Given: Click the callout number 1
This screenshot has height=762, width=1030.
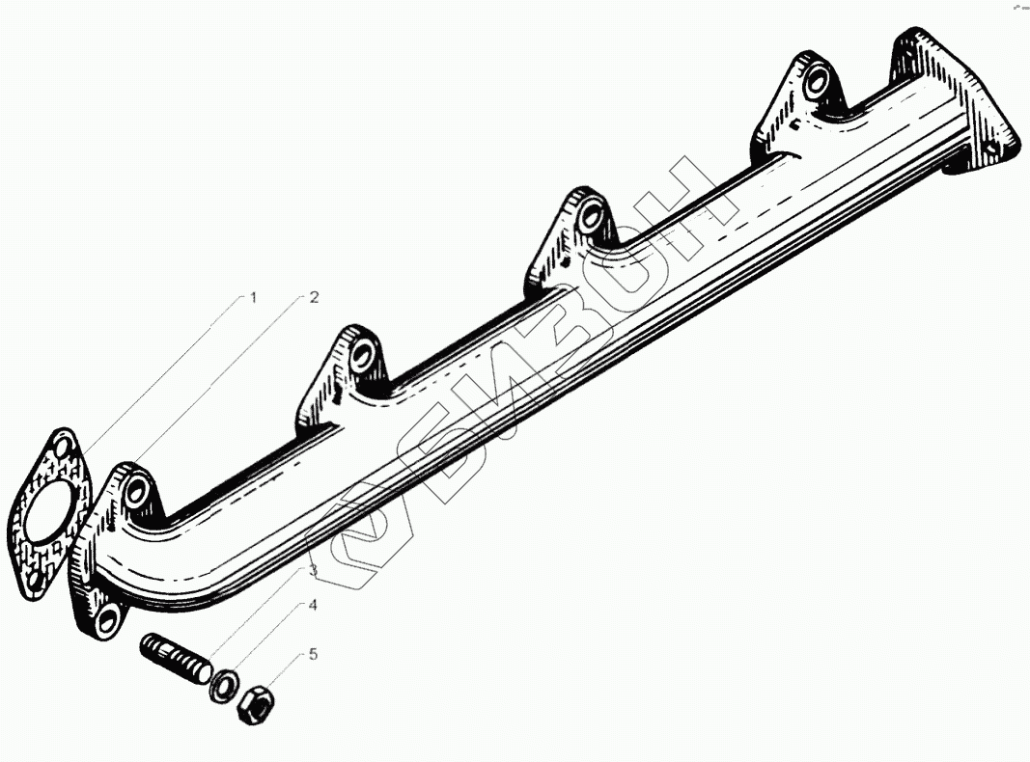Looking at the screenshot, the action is [252, 298].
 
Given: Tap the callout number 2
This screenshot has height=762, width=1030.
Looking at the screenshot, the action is [314, 297].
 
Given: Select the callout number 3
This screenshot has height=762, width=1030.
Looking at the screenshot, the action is [314, 570].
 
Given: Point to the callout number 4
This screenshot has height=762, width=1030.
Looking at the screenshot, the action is [313, 605].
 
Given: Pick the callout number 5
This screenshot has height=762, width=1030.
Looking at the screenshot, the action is [314, 654].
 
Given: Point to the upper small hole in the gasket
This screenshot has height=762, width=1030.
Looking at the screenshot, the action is [65, 449].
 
